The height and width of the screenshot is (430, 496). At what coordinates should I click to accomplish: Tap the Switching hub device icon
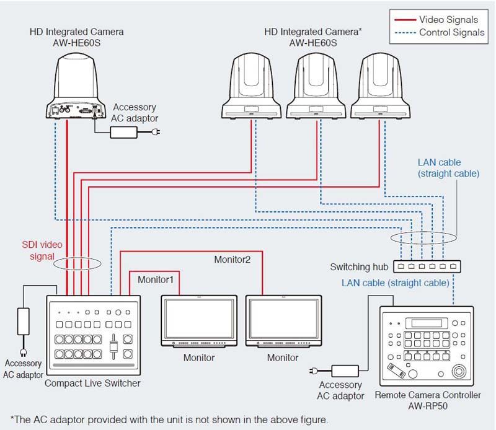(427, 266)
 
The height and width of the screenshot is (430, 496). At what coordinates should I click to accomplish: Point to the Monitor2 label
(232, 260)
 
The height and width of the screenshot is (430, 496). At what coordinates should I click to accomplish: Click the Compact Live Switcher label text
(92, 383)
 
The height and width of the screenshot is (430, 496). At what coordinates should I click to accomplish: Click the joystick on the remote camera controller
(459, 372)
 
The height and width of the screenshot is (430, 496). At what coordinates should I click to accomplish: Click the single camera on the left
(76, 86)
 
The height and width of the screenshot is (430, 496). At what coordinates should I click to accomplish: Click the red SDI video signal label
(38, 250)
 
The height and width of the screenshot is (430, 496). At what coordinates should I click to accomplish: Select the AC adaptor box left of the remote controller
(347, 371)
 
